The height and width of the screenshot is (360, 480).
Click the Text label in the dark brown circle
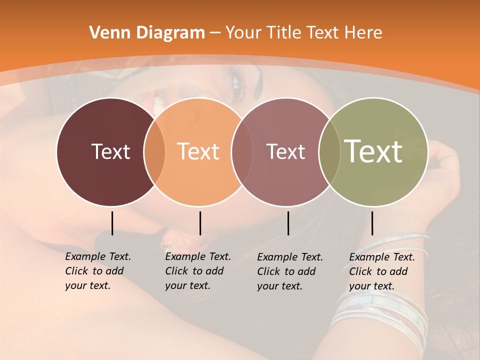coord(110,151)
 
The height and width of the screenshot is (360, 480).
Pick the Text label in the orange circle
coord(198,151)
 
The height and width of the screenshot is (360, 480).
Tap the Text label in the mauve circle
coord(285,151)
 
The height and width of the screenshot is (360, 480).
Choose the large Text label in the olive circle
coord(373,151)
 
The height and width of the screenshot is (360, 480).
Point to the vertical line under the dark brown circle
coord(112,223)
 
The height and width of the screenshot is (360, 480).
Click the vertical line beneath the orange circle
coord(200,223)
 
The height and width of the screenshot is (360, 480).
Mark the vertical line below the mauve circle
coord(288,223)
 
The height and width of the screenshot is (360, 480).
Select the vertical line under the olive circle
coord(372,223)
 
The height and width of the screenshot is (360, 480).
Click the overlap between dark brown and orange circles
coord(154,151)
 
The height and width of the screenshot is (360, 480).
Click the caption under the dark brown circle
coord(98,271)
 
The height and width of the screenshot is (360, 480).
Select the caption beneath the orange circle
coord(198,271)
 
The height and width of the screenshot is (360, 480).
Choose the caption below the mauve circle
coord(290,271)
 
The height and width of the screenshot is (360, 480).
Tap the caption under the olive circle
coord(382,271)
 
